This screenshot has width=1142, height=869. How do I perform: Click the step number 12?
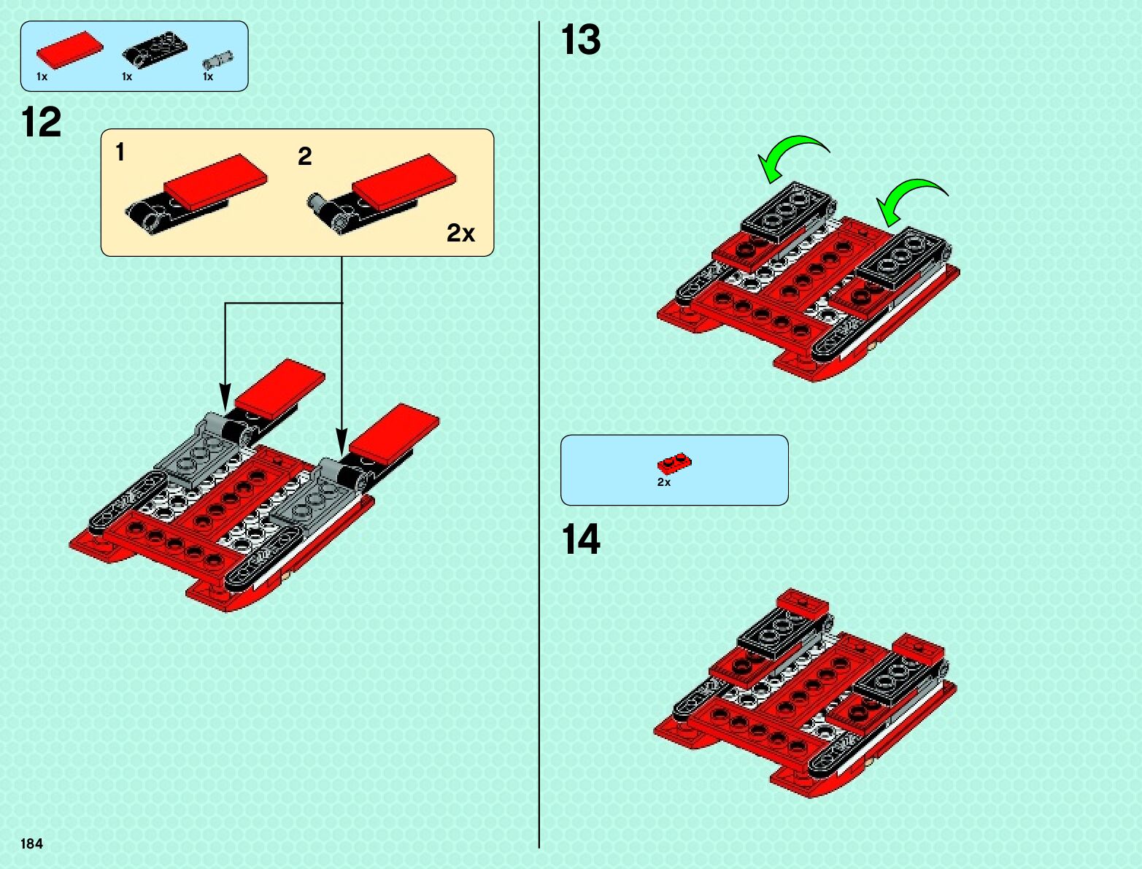tap(42, 122)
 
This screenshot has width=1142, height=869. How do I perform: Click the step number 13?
tap(581, 39)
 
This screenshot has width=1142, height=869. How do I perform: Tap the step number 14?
tap(581, 540)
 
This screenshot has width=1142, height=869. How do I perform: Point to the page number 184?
tap(32, 843)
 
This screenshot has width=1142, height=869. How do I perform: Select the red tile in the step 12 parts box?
tap(69, 50)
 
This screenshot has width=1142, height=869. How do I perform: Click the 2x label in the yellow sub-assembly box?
tap(460, 233)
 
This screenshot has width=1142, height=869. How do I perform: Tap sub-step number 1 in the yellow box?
tap(120, 152)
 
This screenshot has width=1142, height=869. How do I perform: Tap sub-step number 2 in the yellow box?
tap(305, 156)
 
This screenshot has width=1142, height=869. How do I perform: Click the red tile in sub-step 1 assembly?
tap(215, 180)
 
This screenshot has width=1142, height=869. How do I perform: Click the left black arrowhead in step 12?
tap(225, 398)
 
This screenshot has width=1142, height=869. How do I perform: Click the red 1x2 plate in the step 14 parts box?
tap(674, 463)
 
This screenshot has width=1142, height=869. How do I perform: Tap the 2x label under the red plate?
tap(664, 482)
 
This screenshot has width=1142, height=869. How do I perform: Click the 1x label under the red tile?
tap(42, 77)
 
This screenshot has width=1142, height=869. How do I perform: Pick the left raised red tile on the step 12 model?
tap(279, 385)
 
